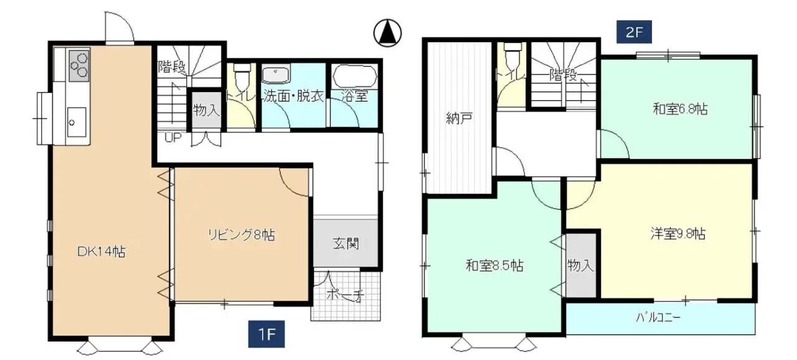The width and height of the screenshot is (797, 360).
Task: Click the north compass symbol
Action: (387, 32)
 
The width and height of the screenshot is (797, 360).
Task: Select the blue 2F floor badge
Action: (634, 32)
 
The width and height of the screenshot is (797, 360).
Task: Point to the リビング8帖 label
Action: (241, 235)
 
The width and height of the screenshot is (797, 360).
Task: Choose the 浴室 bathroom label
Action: (353, 97)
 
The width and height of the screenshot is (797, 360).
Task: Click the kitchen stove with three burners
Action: (78, 65)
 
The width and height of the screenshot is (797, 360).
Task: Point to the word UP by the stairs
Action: (172, 138)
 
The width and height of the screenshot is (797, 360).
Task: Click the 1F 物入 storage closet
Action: (205, 111)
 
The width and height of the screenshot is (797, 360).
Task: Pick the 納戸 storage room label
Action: (458, 118)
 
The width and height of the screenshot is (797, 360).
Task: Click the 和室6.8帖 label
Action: (679, 110)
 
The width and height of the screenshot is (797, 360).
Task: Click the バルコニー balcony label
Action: (658, 317)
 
